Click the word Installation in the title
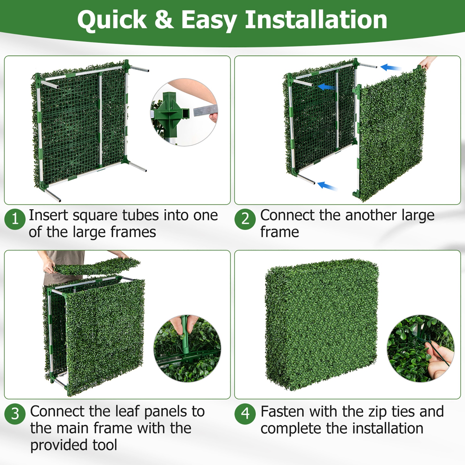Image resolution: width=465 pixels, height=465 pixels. pos(316,20)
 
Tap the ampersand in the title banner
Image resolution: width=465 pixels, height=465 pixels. pos(164,20)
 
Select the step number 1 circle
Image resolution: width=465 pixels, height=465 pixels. pos(15,219)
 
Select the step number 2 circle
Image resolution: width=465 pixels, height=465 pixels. pos(245,219)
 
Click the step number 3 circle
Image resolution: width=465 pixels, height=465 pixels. pos(15,414)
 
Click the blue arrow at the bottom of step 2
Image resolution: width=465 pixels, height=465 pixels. pos(327,186)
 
